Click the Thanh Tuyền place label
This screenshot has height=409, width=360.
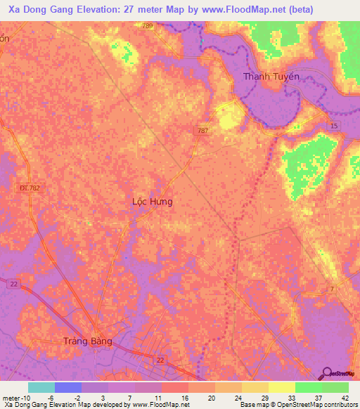[x=271, y=77]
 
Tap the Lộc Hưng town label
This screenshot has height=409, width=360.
[x=153, y=201]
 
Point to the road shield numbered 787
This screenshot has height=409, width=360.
[x=202, y=131]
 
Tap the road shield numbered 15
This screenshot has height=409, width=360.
[x=334, y=126]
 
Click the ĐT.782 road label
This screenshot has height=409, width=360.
[x=29, y=188]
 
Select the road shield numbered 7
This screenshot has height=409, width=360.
[x=331, y=290]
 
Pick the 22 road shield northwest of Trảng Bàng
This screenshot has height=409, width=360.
[x=13, y=284]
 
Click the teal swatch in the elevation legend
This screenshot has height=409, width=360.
[x=41, y=387]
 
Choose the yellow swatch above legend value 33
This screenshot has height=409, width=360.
[x=281, y=387]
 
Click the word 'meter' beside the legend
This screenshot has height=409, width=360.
[x=11, y=397]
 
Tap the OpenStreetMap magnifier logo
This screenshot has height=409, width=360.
[x=326, y=373]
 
